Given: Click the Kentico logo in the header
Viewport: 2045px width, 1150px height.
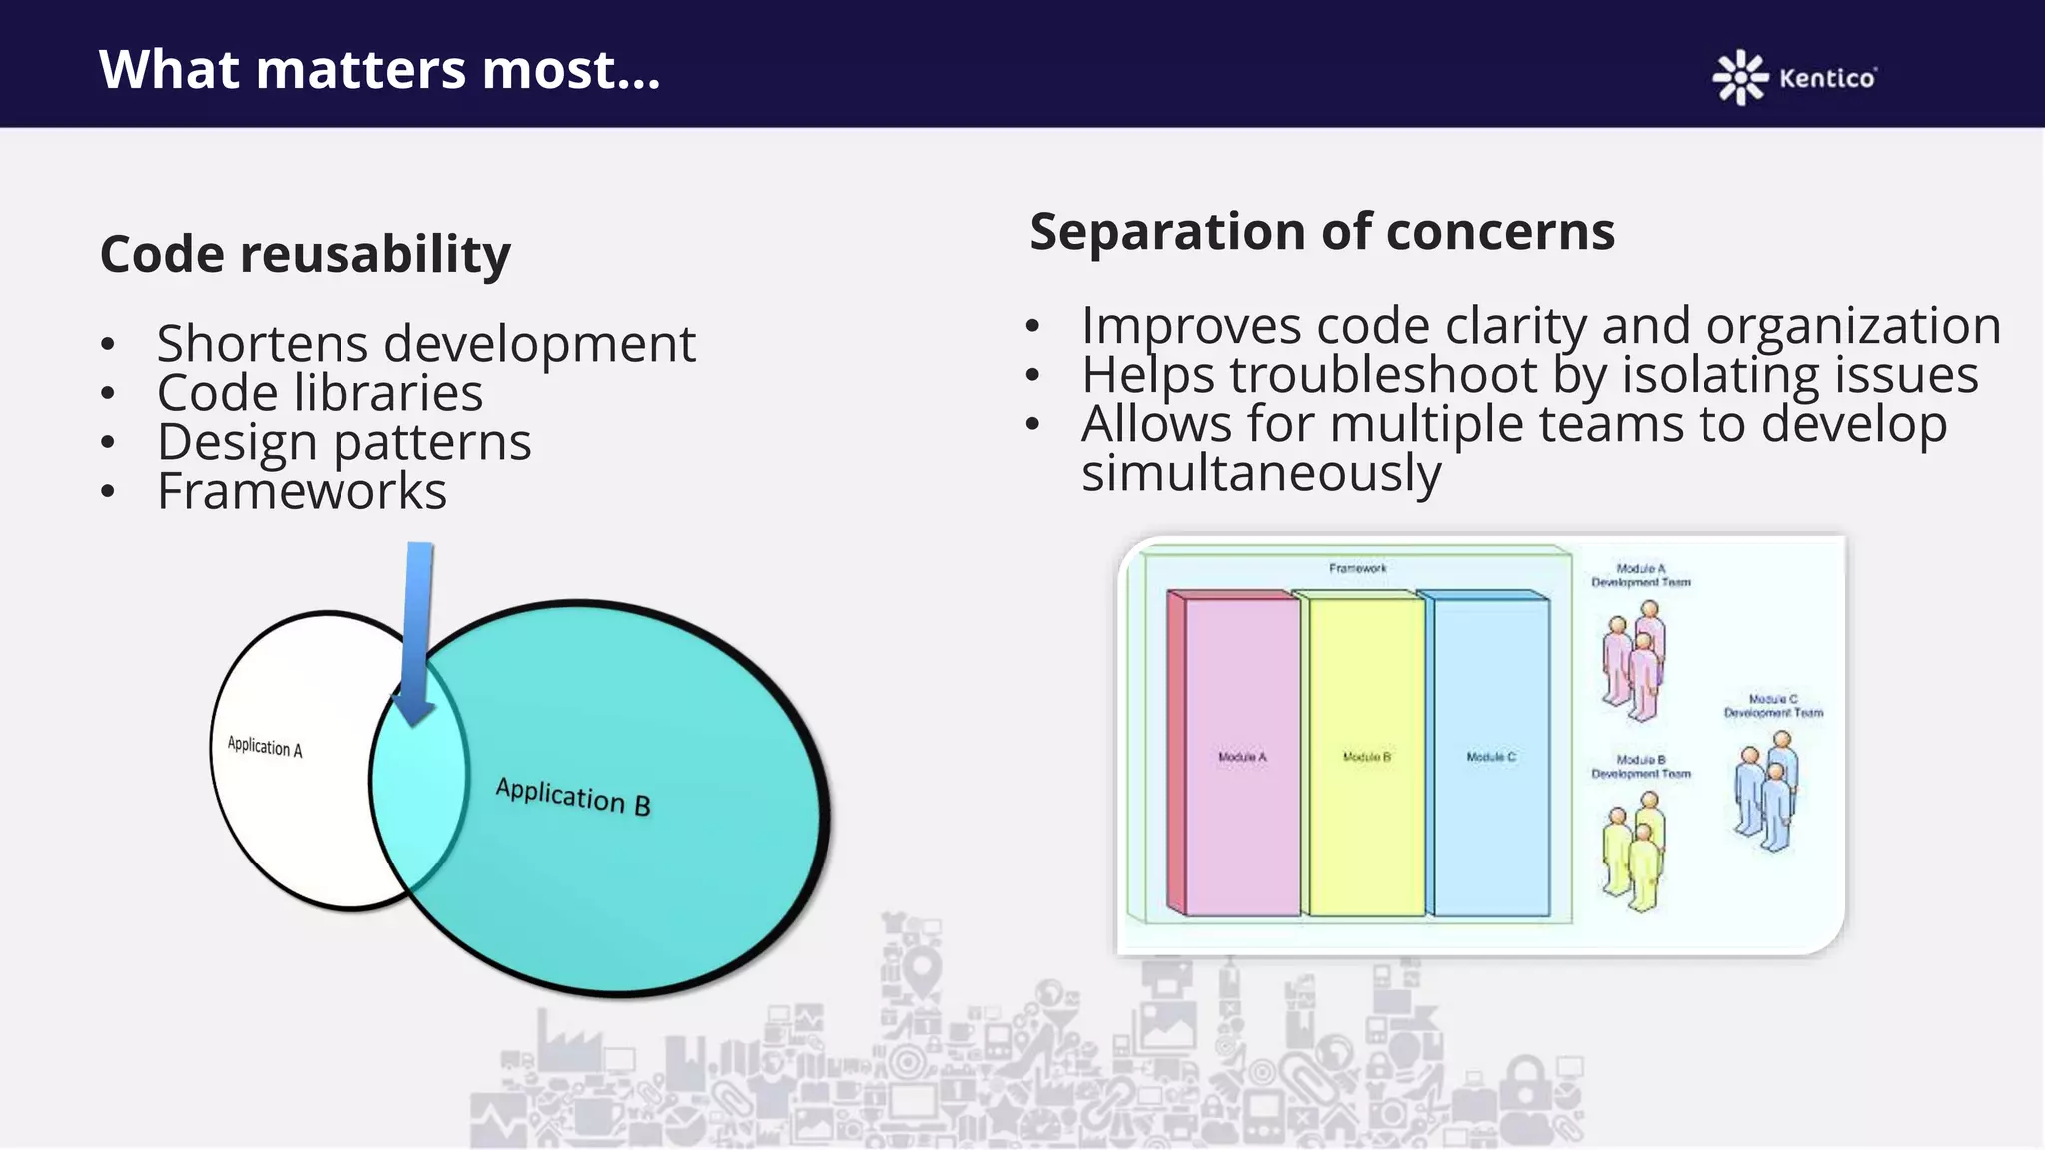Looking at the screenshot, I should tap(1794, 77).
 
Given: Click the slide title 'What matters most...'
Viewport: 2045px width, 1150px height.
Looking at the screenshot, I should tap(379, 70).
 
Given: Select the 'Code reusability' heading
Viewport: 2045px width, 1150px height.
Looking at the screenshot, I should tap(306, 254).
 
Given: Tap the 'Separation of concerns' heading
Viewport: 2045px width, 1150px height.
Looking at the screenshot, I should tap(1322, 232).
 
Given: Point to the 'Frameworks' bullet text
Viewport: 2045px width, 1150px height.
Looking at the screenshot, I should tap(302, 491).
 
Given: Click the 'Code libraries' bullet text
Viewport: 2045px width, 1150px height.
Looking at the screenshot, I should tap(320, 393).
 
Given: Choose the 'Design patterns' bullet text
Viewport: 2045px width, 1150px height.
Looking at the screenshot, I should tap(343, 442).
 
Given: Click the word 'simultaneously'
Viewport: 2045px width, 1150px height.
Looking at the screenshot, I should tap(1261, 473).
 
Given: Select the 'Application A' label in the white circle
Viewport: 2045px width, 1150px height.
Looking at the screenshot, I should tap(265, 747).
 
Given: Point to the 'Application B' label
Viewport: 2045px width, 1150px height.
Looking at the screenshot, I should tap(573, 796).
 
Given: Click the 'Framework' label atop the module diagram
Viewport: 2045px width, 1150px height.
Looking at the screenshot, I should tap(1357, 568).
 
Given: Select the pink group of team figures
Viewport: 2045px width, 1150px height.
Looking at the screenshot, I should tap(1635, 660).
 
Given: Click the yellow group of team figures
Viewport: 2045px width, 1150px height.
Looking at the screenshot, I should tap(1635, 851).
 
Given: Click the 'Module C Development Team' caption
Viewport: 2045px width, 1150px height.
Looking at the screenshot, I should tap(1773, 706).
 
